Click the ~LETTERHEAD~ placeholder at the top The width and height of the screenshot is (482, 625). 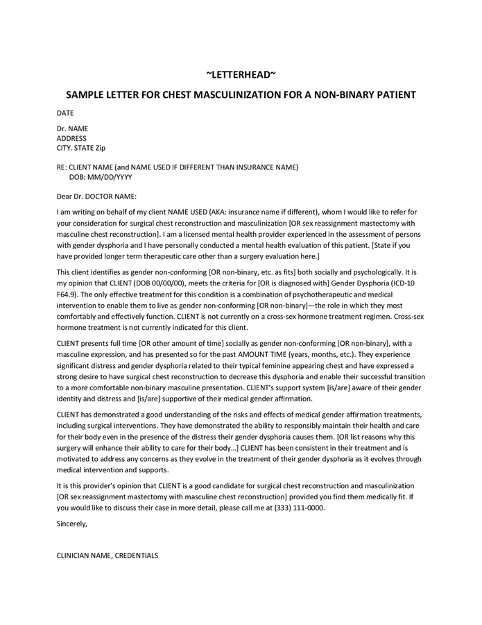pyautogui.click(x=241, y=74)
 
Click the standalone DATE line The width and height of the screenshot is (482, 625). pyautogui.click(x=65, y=112)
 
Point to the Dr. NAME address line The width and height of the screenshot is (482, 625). pyautogui.click(x=72, y=128)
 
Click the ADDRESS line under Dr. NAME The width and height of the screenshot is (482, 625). pyautogui.click(x=71, y=138)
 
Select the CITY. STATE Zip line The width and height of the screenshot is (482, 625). pyautogui.click(x=81, y=148)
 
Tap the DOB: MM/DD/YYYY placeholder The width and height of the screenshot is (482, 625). pyautogui.click(x=101, y=177)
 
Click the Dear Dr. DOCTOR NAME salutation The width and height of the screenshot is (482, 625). pyautogui.click(x=96, y=197)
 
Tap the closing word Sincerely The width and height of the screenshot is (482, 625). pyautogui.click(x=72, y=524)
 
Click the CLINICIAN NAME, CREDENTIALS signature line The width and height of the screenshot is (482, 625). pyautogui.click(x=107, y=556)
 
